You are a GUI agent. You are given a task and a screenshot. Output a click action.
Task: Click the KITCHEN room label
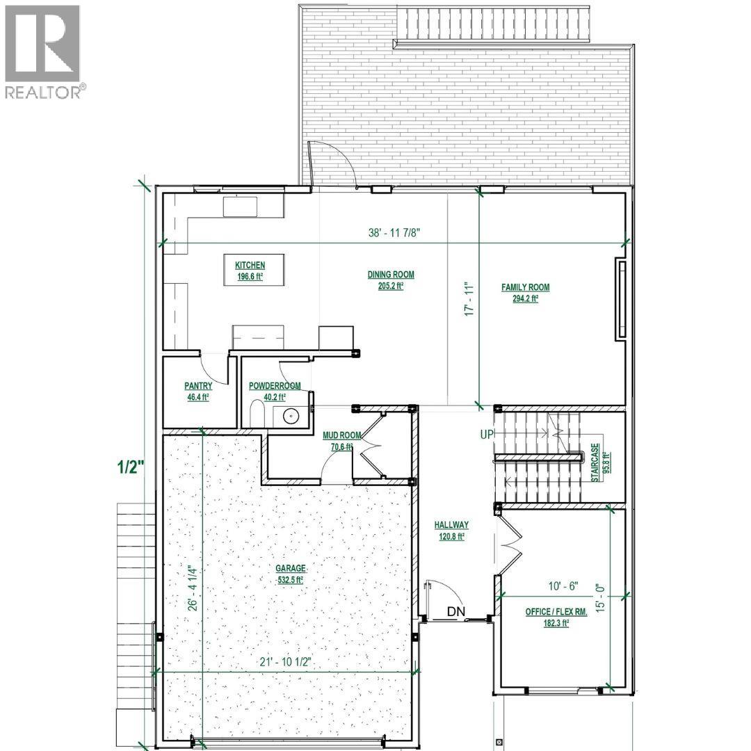[250, 266]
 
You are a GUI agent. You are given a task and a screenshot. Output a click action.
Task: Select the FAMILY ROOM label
[525, 287]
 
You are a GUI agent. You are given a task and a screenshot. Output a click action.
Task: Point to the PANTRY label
[197, 386]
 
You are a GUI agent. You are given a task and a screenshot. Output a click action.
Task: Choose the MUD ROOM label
[337, 435]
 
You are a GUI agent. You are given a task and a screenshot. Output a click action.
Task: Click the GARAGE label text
[290, 568]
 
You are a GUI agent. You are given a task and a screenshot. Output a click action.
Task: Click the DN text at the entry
[456, 612]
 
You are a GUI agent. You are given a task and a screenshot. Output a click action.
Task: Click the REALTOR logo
[43, 52]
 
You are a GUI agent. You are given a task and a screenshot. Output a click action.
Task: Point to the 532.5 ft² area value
[290, 579]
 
